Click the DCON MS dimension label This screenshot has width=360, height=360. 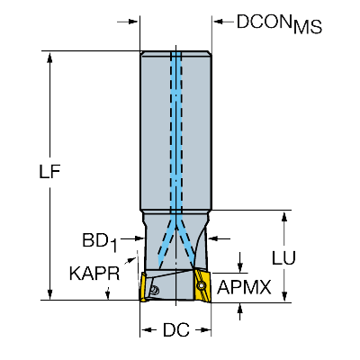pos(279,23)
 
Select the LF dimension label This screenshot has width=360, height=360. pos(49,172)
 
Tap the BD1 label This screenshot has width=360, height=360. pos(100,242)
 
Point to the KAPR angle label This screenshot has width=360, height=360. pos(94,274)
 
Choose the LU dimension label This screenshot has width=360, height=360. pos(283,257)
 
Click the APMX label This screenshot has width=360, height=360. pos(244,287)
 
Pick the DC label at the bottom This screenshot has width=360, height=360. pos(176,330)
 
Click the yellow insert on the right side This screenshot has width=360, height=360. pos(202,285)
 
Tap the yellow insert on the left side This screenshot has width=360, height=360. pos(143,286)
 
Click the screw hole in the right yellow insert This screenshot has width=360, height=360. pos(201,286)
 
